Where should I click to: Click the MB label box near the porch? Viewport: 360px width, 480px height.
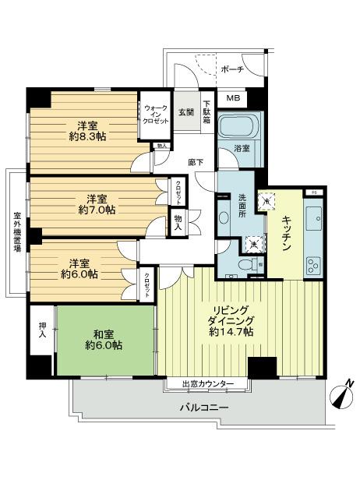(231, 98)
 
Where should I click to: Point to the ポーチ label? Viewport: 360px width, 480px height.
(232, 69)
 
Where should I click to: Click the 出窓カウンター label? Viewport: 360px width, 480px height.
(206, 384)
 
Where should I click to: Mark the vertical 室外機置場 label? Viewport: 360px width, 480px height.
(16, 231)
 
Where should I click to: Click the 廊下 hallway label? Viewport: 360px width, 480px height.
(196, 162)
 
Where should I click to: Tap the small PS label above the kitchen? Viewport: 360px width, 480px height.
(313, 192)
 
